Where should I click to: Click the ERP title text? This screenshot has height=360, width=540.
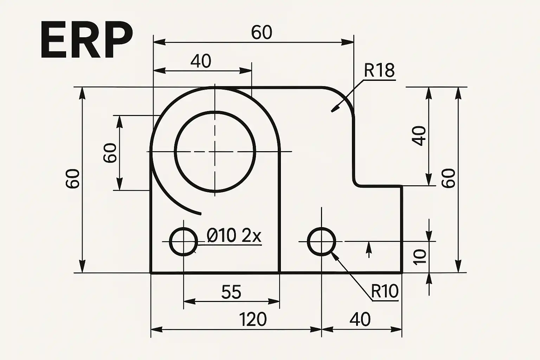[86, 41]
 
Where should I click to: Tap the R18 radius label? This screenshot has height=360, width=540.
[379, 71]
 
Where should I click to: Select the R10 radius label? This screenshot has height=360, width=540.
[385, 291]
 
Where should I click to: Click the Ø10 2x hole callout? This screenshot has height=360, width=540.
[234, 236]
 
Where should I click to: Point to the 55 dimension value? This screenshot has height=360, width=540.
[231, 292]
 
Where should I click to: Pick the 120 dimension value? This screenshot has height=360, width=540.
[252, 319]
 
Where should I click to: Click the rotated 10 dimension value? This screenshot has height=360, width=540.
[420, 257]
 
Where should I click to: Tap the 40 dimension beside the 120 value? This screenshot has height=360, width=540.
[360, 319]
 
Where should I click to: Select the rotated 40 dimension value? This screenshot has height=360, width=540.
[419, 136]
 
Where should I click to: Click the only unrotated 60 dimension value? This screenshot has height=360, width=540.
[262, 33]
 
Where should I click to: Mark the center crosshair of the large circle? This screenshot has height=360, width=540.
[215, 152]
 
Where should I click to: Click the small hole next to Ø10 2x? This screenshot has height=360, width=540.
[184, 242]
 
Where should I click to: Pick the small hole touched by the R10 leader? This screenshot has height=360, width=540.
[321, 242]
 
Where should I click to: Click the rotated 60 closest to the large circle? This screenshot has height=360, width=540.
[110, 153]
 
